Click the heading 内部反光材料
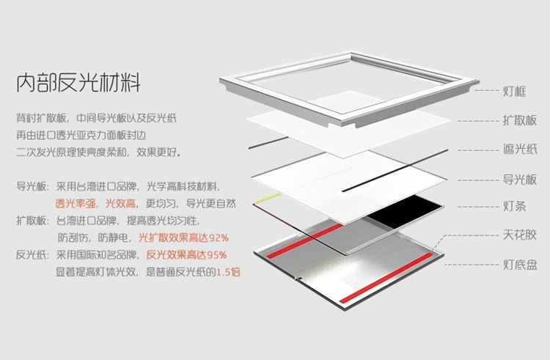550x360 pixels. pyautogui.click(x=78, y=82)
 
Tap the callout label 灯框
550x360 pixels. pyautogui.click(x=515, y=91)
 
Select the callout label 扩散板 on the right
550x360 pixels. pyautogui.click(x=520, y=120)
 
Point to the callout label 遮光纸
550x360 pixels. pyautogui.click(x=520, y=150)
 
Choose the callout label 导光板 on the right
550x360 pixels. pyautogui.click(x=520, y=180)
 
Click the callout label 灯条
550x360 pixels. pyautogui.click(x=515, y=207)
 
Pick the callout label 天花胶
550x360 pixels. pyautogui.click(x=520, y=235)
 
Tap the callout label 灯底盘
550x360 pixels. pyautogui.click(x=520, y=265)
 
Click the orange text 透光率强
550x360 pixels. pyautogui.click(x=76, y=204)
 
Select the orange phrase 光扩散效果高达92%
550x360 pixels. pyautogui.click(x=183, y=238)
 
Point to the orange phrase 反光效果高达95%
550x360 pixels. pyautogui.click(x=186, y=255)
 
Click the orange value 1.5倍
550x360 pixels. pyautogui.click(x=228, y=272)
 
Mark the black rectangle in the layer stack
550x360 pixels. pyautogui.click(x=404, y=211)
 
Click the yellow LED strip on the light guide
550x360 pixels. pyautogui.click(x=267, y=198)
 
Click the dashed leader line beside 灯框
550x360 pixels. pyautogui.click(x=486, y=90)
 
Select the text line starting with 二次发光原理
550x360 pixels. pyautogui.click(x=98, y=153)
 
